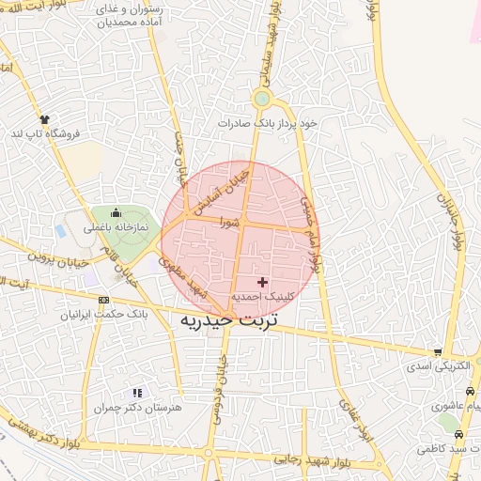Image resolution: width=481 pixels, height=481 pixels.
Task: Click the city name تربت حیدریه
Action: pos(227,319)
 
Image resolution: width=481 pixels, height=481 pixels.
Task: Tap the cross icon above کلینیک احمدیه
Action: pos(262,282)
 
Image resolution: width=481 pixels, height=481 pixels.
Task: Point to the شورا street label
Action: pos(229,223)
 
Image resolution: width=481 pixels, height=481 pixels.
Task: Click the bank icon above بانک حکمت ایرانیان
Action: pos(103,300)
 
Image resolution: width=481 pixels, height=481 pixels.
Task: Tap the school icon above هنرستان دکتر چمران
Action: pos(138,393)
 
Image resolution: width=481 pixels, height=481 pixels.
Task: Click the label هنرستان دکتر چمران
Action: pos(135,409)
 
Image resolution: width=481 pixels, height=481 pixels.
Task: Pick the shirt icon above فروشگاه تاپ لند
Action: pos(43,119)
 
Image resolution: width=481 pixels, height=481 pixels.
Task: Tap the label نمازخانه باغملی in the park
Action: pos(116,226)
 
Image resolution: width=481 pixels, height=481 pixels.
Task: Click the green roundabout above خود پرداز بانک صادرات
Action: pos(262,99)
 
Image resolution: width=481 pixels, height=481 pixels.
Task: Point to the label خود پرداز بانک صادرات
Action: pos(268,123)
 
